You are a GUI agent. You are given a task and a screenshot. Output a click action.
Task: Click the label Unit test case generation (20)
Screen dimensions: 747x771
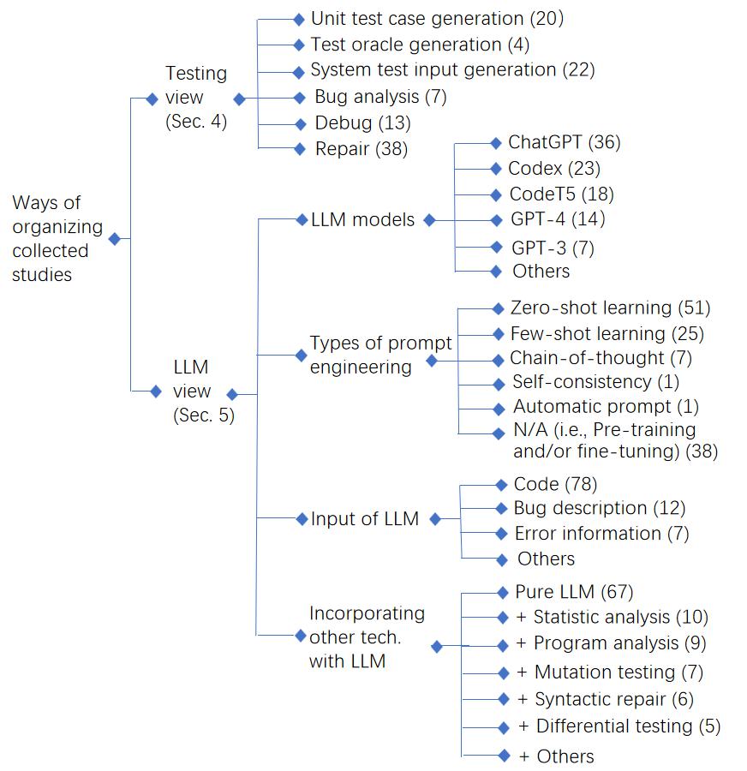point(437,19)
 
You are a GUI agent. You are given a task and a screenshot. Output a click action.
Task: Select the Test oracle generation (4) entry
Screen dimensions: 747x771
point(420,45)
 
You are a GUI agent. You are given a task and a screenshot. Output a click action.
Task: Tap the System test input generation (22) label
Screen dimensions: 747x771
point(453,70)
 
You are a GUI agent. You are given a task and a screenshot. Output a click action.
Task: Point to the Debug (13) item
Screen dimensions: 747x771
point(363,123)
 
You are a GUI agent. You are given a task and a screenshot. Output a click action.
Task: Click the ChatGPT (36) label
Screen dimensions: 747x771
point(565,142)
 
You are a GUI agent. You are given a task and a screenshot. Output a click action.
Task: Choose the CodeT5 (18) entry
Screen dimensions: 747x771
point(562,194)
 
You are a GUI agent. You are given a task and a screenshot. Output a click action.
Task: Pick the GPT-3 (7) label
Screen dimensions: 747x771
point(553,248)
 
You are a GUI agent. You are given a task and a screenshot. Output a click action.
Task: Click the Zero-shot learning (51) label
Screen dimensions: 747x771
point(611,308)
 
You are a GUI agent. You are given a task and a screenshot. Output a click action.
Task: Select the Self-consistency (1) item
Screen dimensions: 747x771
point(596,382)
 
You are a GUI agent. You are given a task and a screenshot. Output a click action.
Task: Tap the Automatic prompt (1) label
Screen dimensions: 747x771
point(607,407)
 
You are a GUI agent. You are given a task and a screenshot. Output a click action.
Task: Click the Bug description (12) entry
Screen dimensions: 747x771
point(600,508)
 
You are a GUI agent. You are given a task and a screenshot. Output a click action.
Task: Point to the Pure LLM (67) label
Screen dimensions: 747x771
point(575,592)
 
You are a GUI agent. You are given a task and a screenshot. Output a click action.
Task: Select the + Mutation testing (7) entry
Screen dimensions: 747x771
point(610,672)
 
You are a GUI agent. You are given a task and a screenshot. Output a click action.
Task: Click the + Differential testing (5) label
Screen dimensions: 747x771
point(619,726)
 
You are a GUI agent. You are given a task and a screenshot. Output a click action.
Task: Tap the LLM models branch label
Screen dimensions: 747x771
point(363,220)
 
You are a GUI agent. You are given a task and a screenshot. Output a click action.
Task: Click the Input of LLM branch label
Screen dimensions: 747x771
point(365,519)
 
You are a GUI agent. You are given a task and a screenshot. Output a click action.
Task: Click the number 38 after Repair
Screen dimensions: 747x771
point(391,149)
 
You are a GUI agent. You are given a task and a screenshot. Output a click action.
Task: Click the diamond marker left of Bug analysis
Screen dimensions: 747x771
point(300,98)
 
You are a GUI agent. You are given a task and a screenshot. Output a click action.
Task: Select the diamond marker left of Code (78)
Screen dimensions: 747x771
point(501,485)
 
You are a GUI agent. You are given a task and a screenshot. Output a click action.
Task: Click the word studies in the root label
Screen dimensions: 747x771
point(42,275)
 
